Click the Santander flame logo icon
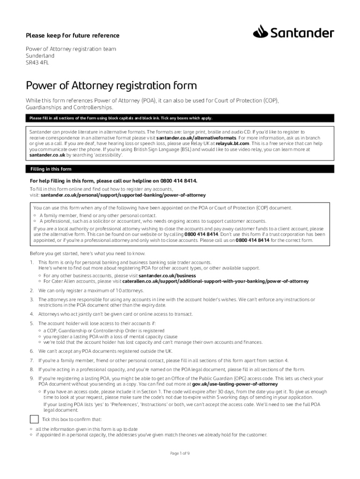[x=260, y=33]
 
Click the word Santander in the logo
[x=302, y=33]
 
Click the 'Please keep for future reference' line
[x=72, y=36]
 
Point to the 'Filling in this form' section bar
[x=180, y=169]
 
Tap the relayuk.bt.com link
[x=232, y=144]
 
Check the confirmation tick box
[x=34, y=419]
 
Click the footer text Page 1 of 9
[x=180, y=453]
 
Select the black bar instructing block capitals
[x=180, y=118]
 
